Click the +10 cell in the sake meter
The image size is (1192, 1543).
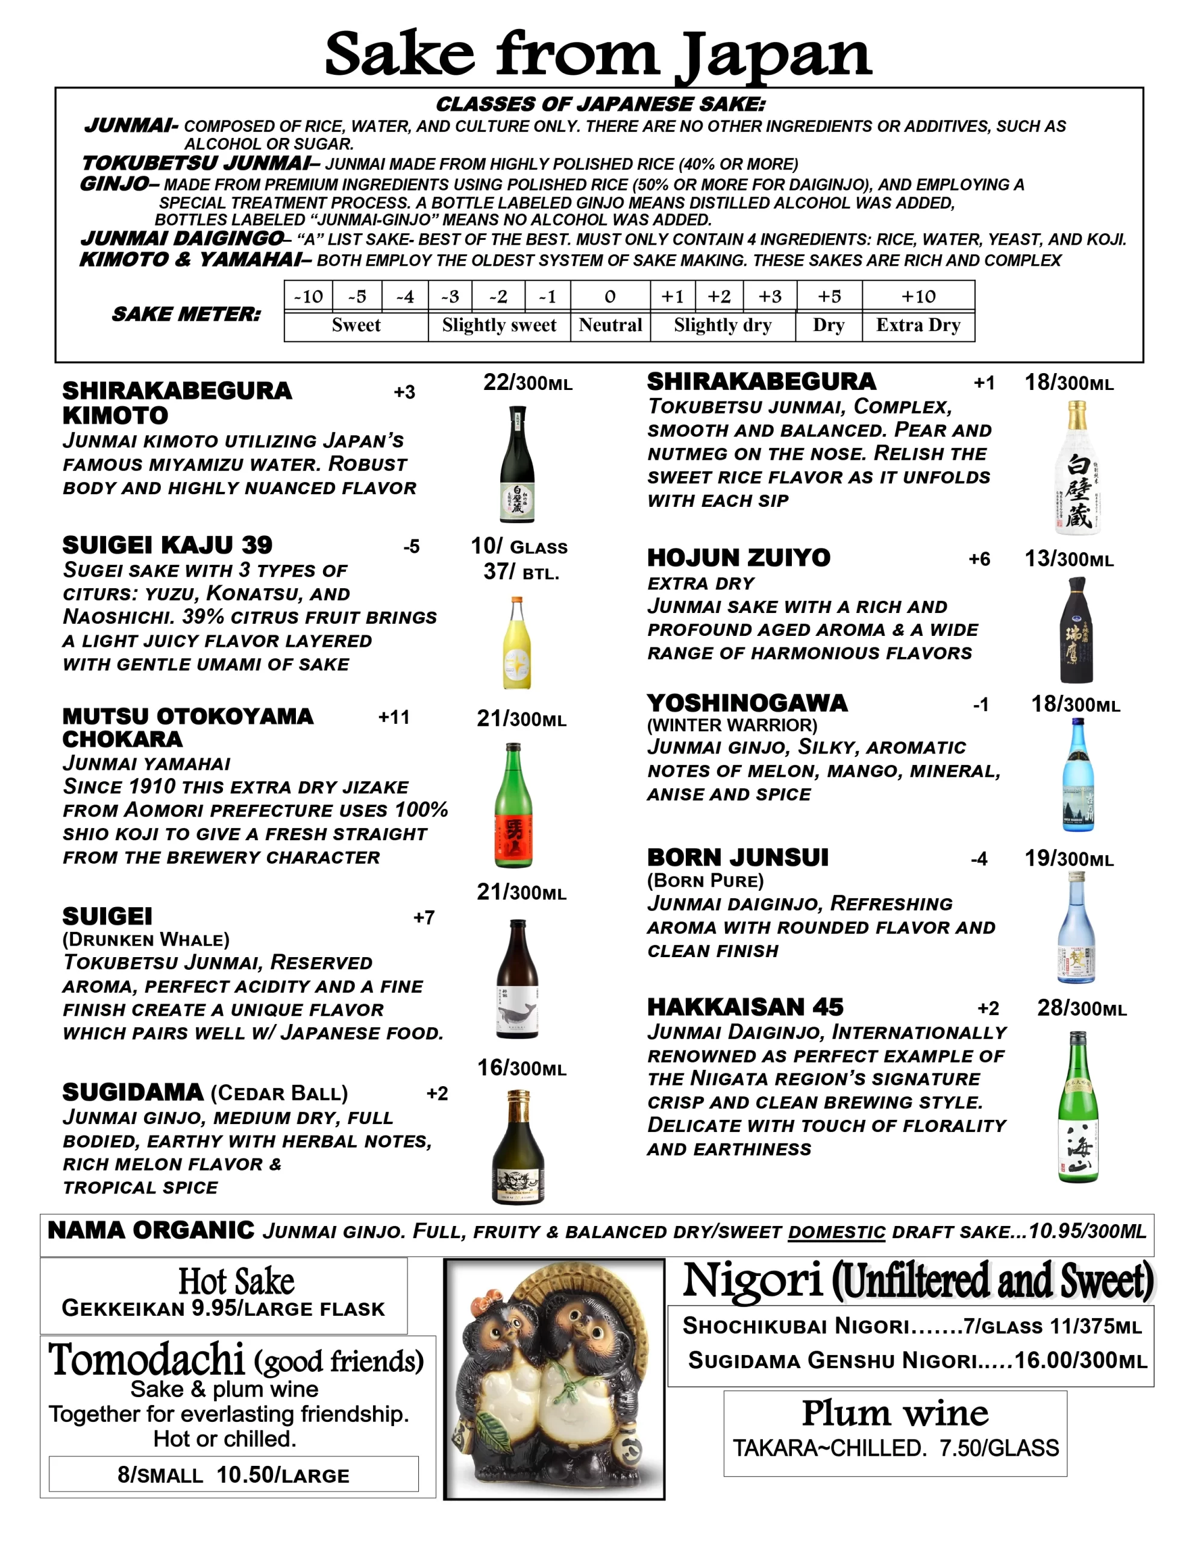point(918,296)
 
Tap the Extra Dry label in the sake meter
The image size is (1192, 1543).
point(918,325)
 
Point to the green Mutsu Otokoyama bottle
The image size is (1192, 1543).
point(513,805)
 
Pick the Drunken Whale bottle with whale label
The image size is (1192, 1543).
point(518,978)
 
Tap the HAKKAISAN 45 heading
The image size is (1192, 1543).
point(745,1007)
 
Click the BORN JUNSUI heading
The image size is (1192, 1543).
point(738,858)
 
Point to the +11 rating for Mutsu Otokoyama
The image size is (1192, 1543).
point(394,717)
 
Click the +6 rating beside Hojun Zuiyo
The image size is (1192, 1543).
point(979,559)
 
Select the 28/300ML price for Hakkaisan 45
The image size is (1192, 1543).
point(1081,1008)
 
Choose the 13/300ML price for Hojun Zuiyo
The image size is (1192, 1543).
point(1068,559)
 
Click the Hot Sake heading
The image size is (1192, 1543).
point(236,1281)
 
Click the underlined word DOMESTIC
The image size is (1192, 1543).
point(836,1232)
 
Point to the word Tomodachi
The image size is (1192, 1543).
point(146,1359)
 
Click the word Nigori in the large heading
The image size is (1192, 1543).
point(753,1280)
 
